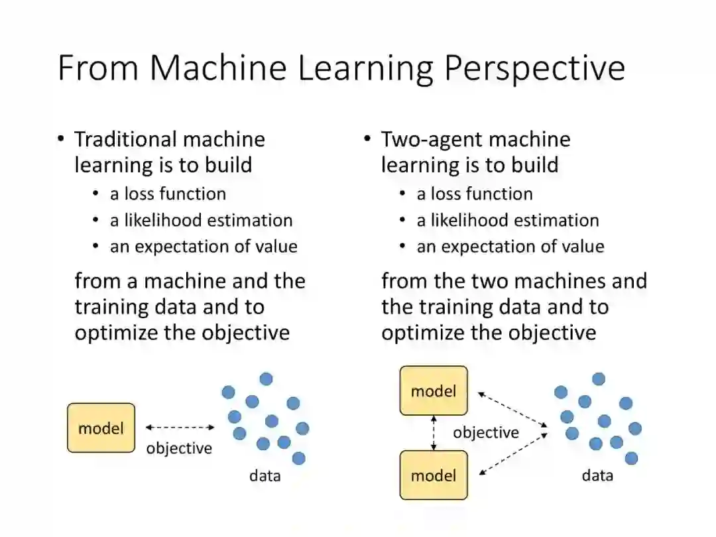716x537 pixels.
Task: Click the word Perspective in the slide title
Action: tap(534, 68)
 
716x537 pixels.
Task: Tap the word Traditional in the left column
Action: tap(125, 139)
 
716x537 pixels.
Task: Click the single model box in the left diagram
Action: tap(101, 428)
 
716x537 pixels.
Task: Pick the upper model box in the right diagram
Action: tap(434, 391)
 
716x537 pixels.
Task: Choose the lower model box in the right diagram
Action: tap(434, 475)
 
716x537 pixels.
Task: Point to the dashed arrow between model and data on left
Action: tap(179, 428)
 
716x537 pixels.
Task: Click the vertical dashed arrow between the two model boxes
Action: tap(434, 433)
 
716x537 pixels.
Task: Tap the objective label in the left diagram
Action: tap(179, 448)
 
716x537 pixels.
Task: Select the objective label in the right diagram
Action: tap(486, 433)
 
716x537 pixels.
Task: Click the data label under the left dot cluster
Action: tap(265, 475)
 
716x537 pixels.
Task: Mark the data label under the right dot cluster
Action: tap(597, 475)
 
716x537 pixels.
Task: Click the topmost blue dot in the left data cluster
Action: tap(266, 379)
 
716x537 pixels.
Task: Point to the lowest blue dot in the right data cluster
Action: tap(631, 458)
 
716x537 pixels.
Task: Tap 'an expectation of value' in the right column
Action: tap(510, 247)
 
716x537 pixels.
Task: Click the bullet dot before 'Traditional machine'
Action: tap(61, 139)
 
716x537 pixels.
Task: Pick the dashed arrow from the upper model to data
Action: tap(512, 409)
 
